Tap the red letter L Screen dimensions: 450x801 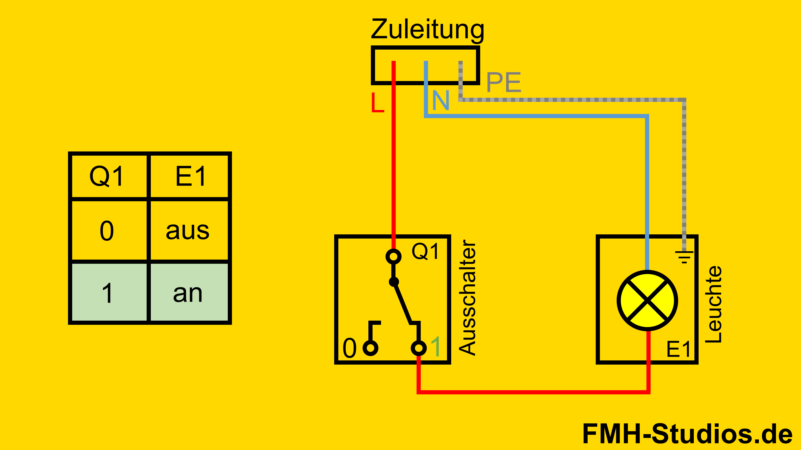(x=378, y=102)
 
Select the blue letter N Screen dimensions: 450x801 (x=441, y=100)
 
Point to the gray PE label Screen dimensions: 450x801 (x=503, y=82)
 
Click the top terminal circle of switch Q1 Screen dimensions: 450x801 (x=393, y=256)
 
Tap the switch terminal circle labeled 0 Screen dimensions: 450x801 (x=370, y=348)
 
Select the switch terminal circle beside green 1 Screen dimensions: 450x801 (x=418, y=348)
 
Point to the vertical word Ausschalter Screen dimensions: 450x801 (x=467, y=297)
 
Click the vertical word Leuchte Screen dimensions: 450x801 (x=713, y=304)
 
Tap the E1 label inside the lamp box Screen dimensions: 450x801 (x=678, y=349)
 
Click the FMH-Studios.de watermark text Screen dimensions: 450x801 (x=687, y=434)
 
